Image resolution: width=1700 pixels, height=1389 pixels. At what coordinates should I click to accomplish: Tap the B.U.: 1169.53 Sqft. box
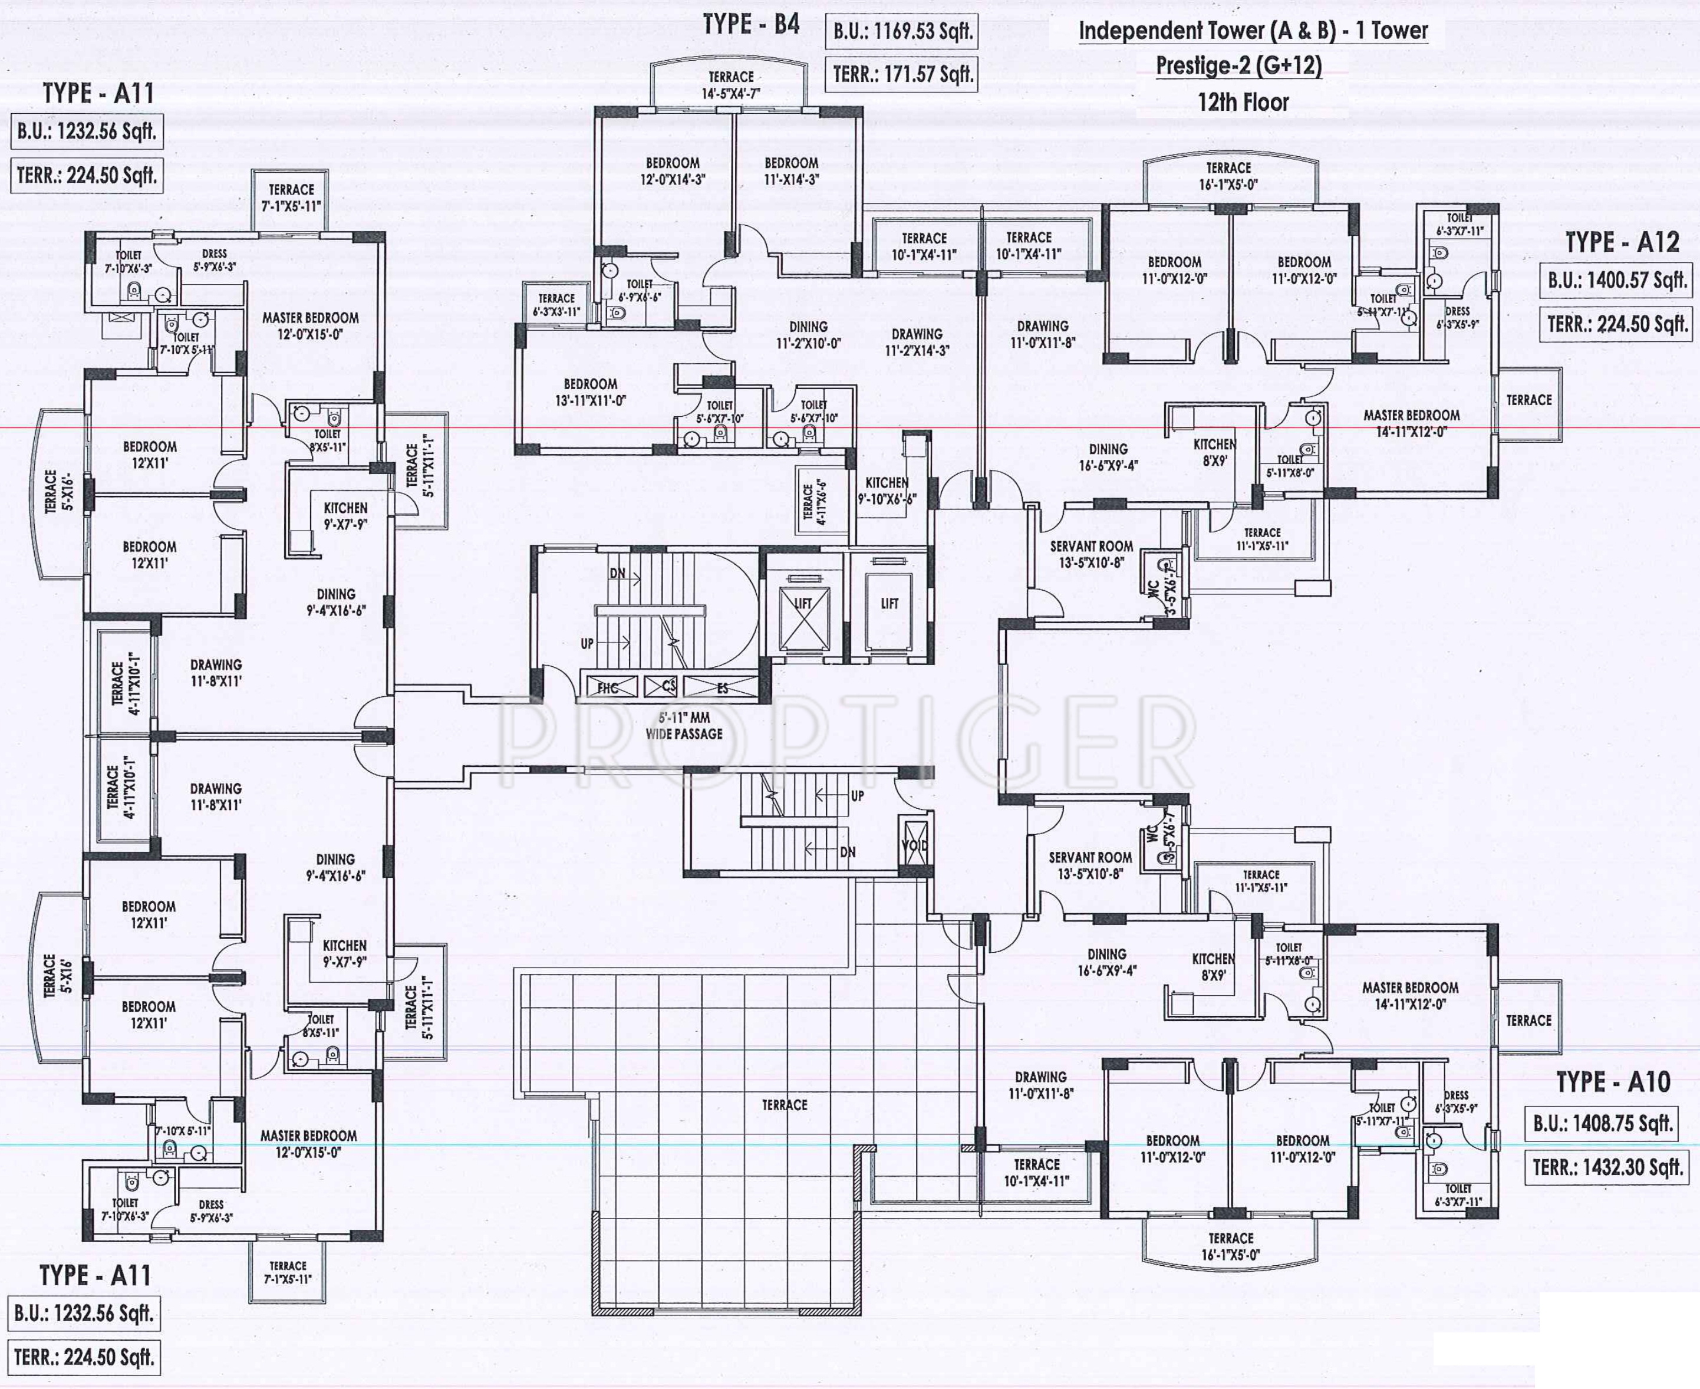coord(902,32)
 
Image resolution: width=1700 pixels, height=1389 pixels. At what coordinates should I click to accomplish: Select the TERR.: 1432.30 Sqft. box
coord(1607,1167)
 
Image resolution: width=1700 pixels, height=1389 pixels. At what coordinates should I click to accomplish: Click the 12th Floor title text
coord(1243,103)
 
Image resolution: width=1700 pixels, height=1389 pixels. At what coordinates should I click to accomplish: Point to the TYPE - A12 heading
coord(1622,242)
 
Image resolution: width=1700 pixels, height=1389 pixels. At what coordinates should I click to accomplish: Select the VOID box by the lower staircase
coord(914,845)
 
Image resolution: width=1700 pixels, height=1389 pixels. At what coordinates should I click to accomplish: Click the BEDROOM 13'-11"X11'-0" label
coord(591,392)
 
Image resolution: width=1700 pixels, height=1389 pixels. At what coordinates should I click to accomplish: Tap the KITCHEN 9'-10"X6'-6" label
coord(887,491)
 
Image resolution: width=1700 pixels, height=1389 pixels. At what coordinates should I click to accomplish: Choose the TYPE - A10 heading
coord(1613,1082)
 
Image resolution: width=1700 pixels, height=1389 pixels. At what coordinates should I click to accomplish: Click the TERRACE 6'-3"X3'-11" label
coord(556,305)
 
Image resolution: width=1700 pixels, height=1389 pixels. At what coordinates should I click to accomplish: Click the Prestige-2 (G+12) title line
coord(1238,65)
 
